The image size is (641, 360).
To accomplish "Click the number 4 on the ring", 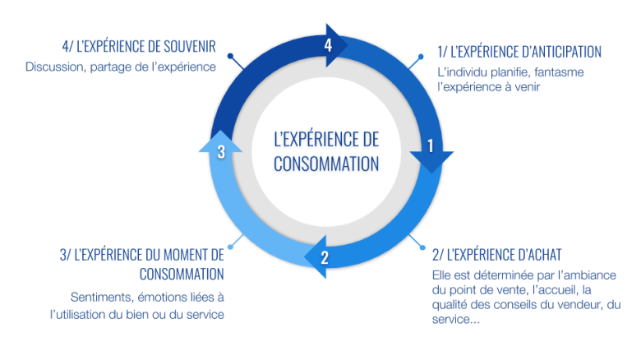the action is coord(328,45).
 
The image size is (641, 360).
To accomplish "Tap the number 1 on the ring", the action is coord(430,146).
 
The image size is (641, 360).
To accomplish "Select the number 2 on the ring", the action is coord(325,258).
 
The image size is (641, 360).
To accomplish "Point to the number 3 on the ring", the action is coord(221,152).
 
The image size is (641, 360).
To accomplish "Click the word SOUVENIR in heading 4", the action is coord(190,47).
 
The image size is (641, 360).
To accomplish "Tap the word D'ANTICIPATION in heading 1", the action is coord(561,52).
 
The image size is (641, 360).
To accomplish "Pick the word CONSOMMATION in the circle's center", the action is coord(326,164).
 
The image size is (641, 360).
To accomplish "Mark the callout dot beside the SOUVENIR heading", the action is coord(231,56).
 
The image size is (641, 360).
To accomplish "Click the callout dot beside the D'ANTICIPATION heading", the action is coord(421,57).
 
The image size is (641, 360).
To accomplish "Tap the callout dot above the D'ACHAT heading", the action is coord(422,247).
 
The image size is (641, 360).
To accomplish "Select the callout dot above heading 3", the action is coord(231,247).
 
